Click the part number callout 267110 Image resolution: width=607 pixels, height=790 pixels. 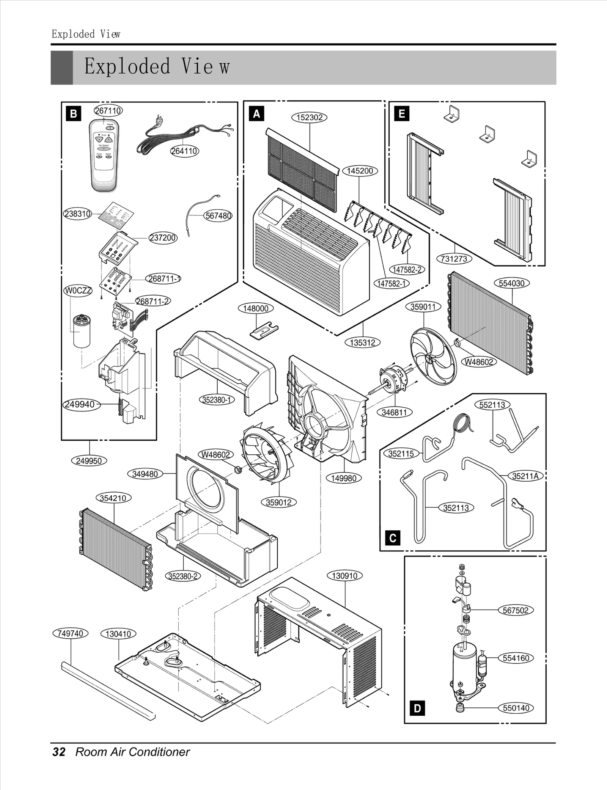pyautogui.click(x=108, y=110)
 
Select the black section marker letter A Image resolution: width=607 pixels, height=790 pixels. pyautogui.click(x=256, y=113)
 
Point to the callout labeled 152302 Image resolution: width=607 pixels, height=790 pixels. pyautogui.click(x=309, y=118)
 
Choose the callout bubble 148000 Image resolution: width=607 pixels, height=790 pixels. pyautogui.click(x=255, y=308)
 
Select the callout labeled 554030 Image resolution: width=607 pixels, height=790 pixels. pyautogui.click(x=511, y=283)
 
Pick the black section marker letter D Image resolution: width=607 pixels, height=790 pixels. pyautogui.click(x=417, y=708)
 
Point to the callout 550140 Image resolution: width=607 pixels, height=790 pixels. pyautogui.click(x=516, y=708)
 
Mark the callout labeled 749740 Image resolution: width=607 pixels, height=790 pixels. pyautogui.click(x=70, y=633)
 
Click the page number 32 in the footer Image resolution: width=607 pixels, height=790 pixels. pyautogui.click(x=59, y=752)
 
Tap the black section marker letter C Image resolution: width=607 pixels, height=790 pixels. pyautogui.click(x=393, y=538)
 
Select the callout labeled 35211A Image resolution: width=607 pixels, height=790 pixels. pyautogui.click(x=525, y=476)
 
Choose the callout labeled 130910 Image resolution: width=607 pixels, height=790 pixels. pyautogui.click(x=344, y=576)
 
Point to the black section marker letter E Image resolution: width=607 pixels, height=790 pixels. pyautogui.click(x=402, y=113)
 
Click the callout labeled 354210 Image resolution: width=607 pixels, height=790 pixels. pyautogui.click(x=113, y=498)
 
